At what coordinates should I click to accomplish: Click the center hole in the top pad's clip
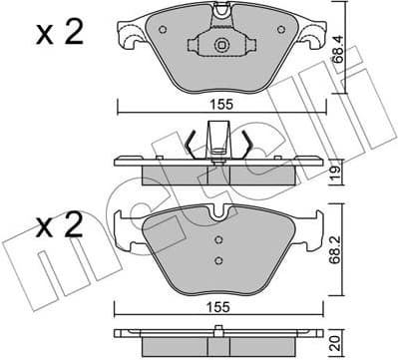coord(217,45)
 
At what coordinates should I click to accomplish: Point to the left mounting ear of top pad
coord(127,38)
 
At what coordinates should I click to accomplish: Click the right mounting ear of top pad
coord(308,38)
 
